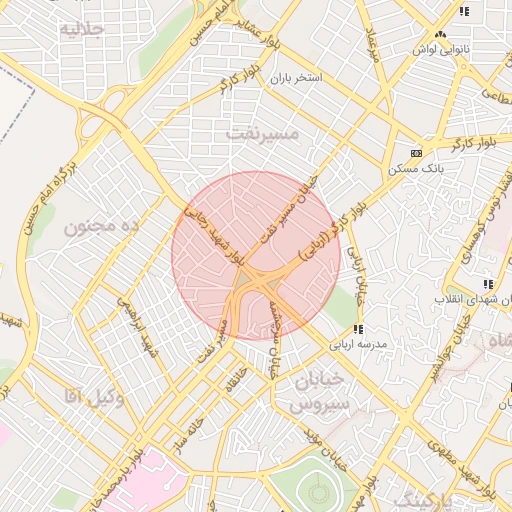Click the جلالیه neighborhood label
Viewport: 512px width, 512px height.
coord(82,29)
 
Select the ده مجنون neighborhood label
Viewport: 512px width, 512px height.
coord(100,227)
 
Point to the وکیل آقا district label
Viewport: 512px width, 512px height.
coord(93,399)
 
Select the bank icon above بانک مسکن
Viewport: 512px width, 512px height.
coord(416,153)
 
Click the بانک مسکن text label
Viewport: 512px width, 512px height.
coord(417,168)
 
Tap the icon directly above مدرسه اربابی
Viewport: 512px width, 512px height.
coord(357,328)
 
